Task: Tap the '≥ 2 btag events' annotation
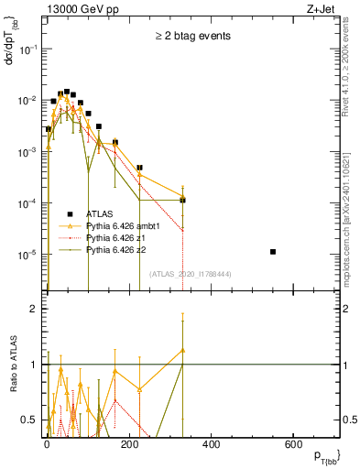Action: coord(191,36)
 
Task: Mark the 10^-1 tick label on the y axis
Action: coord(27,50)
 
